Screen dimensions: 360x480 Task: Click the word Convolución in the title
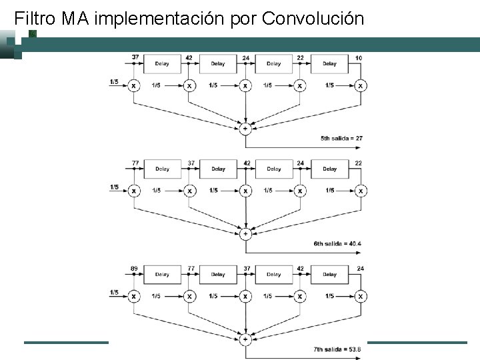tap(313, 18)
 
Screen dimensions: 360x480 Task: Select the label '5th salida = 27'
tap(341, 139)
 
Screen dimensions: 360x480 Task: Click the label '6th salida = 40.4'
tap(337, 244)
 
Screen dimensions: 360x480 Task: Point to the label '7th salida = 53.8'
tap(337, 349)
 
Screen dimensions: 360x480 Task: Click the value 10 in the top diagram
tap(359, 58)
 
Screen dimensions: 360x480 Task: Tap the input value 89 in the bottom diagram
tap(135, 268)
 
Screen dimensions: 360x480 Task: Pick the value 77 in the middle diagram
tap(135, 163)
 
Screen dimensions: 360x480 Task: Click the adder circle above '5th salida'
tap(245, 128)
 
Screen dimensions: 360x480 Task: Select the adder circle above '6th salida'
tap(245, 233)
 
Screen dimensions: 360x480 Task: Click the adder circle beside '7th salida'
tap(245, 339)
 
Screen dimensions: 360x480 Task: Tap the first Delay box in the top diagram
tap(162, 64)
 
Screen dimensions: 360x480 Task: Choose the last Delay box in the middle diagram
tap(330, 169)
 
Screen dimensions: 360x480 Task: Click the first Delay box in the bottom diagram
tap(162, 274)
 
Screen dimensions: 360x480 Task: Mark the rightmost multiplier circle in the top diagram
tap(361, 85)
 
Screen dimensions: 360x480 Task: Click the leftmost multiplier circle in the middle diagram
tap(134, 191)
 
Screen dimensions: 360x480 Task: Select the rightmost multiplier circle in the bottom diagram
tap(361, 296)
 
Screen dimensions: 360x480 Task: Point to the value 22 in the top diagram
tap(301, 58)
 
